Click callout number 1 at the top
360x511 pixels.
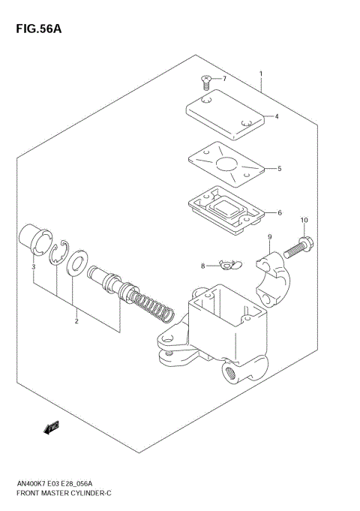point(260,74)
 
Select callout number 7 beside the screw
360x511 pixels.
point(223,78)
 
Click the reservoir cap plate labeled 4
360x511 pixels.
point(225,112)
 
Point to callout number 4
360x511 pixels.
point(276,116)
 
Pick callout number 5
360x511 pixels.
point(279,169)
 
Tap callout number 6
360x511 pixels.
point(279,213)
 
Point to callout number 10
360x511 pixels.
point(304,220)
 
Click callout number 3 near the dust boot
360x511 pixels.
point(33,266)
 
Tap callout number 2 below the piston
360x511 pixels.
point(76,322)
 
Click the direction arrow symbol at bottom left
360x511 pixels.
point(52,428)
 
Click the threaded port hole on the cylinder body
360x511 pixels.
point(229,372)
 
